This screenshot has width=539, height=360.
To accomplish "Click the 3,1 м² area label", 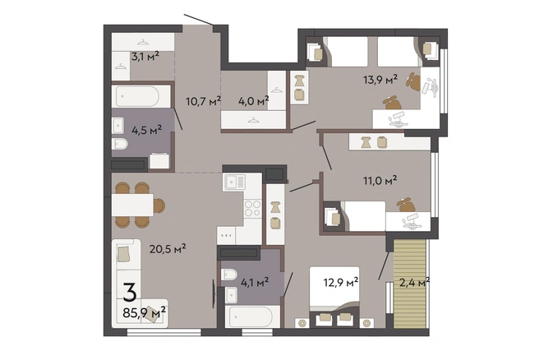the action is pos(145,56).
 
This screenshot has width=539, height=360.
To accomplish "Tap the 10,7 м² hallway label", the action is pos(203,101).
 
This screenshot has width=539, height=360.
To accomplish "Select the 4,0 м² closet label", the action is pos(254,101).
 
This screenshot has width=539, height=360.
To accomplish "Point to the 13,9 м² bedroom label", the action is pos(380,80).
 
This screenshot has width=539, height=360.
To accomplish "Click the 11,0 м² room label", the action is pos(380,180).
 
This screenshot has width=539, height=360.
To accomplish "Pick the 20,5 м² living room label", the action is pos(168,248).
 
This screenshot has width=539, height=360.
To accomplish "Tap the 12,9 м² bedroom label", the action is pos(341,282).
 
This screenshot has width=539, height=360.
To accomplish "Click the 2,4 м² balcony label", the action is pos(414,282).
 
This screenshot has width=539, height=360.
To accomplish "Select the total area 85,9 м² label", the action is pos(145,313).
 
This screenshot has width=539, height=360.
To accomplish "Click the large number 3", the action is pos(130,292).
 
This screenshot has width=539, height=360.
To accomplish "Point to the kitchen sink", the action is pos(235,182).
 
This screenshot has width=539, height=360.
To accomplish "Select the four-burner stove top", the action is pos(253,208).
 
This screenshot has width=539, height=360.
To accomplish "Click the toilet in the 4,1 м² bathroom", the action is pos(229,275).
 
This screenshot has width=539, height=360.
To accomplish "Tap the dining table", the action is pos(132,205).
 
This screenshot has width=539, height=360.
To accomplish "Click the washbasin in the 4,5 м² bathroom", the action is pos(118,126).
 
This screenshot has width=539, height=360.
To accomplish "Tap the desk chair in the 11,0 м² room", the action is pos(406,205).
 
